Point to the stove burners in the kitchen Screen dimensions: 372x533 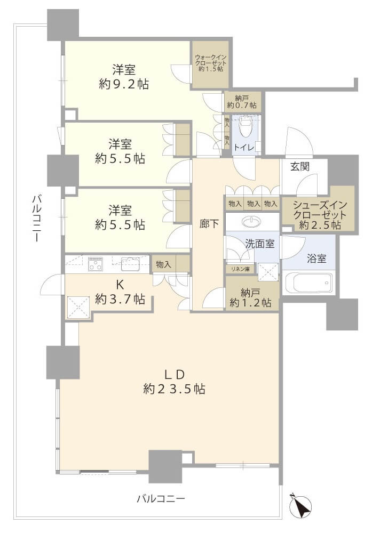point(96,264)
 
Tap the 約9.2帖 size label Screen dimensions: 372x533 point(124,84)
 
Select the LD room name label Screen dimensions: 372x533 point(175,374)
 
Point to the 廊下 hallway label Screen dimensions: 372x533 point(209,224)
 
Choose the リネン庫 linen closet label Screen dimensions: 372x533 point(240,269)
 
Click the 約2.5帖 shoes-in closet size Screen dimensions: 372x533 point(320,225)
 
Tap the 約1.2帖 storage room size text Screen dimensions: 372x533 point(251,302)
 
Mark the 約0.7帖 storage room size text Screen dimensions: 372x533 point(242,106)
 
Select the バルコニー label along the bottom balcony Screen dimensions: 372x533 point(161,499)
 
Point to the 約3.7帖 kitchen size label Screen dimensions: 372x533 point(120,299)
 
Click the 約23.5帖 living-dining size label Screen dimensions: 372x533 point(174,389)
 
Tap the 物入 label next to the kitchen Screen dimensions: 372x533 point(163,264)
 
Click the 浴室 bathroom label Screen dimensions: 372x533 point(316,259)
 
